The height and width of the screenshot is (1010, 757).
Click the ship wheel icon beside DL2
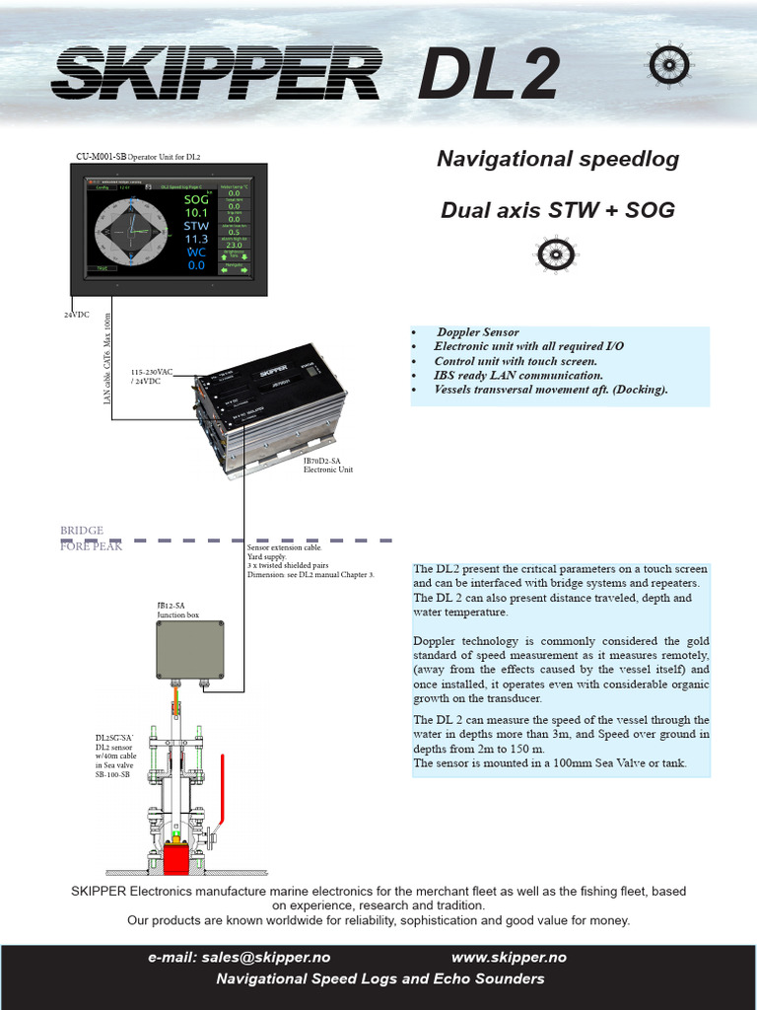[669, 65]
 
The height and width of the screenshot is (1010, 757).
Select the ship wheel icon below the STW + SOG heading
[557, 254]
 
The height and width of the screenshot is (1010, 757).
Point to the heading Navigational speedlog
[557, 159]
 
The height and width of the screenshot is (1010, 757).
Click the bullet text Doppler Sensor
[478, 332]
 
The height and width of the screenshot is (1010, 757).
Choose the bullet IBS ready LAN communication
[517, 375]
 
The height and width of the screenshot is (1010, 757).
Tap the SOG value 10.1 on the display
[196, 212]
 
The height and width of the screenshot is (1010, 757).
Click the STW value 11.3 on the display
[196, 239]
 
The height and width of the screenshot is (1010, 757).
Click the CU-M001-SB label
[102, 156]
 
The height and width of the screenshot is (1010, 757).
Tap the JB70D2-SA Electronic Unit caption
[328, 465]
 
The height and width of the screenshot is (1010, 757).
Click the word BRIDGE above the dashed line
[82, 531]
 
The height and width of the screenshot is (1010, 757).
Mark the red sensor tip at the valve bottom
[177, 858]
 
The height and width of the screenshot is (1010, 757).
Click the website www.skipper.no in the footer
[509, 957]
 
